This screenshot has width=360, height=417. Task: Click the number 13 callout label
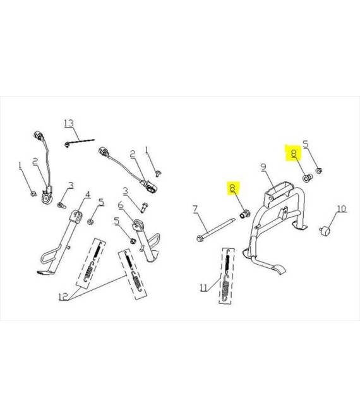coord(69,123)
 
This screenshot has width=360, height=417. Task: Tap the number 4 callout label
coord(88,195)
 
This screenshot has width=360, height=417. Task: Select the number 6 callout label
coord(121,205)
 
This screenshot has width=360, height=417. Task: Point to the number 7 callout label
coord(195,209)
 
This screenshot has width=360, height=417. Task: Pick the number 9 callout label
coord(263,167)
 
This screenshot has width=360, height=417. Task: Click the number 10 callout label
coord(342,208)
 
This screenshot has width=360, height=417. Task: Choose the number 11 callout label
coord(203,287)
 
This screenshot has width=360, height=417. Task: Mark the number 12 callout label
coord(64,296)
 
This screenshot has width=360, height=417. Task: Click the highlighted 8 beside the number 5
coord(294,154)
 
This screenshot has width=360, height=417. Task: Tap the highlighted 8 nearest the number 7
coord(233,188)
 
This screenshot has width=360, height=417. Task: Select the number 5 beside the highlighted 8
coord(306,145)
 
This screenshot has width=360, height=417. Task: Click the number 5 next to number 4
coord(101,203)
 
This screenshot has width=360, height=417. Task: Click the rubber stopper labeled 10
coord(325,231)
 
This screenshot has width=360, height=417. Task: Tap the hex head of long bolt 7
coord(200,238)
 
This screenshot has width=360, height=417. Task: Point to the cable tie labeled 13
coord(79,142)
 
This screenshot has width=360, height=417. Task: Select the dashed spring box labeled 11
coord(227,276)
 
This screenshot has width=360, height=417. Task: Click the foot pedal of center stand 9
coord(278,269)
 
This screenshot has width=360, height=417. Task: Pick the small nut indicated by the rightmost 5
coord(319,170)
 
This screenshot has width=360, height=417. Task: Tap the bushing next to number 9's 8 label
coord(308,178)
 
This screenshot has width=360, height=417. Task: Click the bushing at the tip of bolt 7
coord(245,214)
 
